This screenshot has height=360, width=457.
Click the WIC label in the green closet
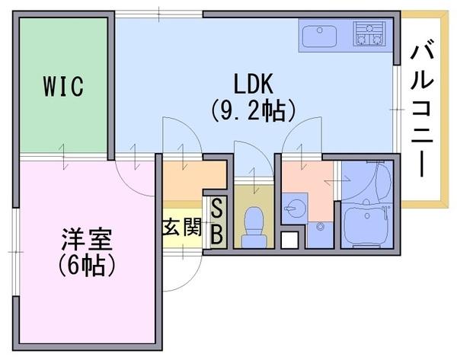click(x=63, y=86)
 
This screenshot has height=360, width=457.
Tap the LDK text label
click(x=254, y=84)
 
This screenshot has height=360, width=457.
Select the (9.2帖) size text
click(x=254, y=111)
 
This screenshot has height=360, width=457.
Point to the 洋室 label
click(x=87, y=239)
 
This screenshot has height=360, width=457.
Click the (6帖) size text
click(x=87, y=266)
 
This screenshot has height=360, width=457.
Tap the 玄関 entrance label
click(x=182, y=227)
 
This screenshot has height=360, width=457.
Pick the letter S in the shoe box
click(x=217, y=208)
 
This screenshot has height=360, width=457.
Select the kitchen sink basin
click(x=319, y=36)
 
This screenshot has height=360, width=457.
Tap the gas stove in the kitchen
click(x=369, y=33)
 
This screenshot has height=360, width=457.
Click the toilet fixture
click(x=254, y=228)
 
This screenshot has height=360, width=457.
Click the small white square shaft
click(x=289, y=241)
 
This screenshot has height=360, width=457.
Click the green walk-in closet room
click(x=63, y=85)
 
